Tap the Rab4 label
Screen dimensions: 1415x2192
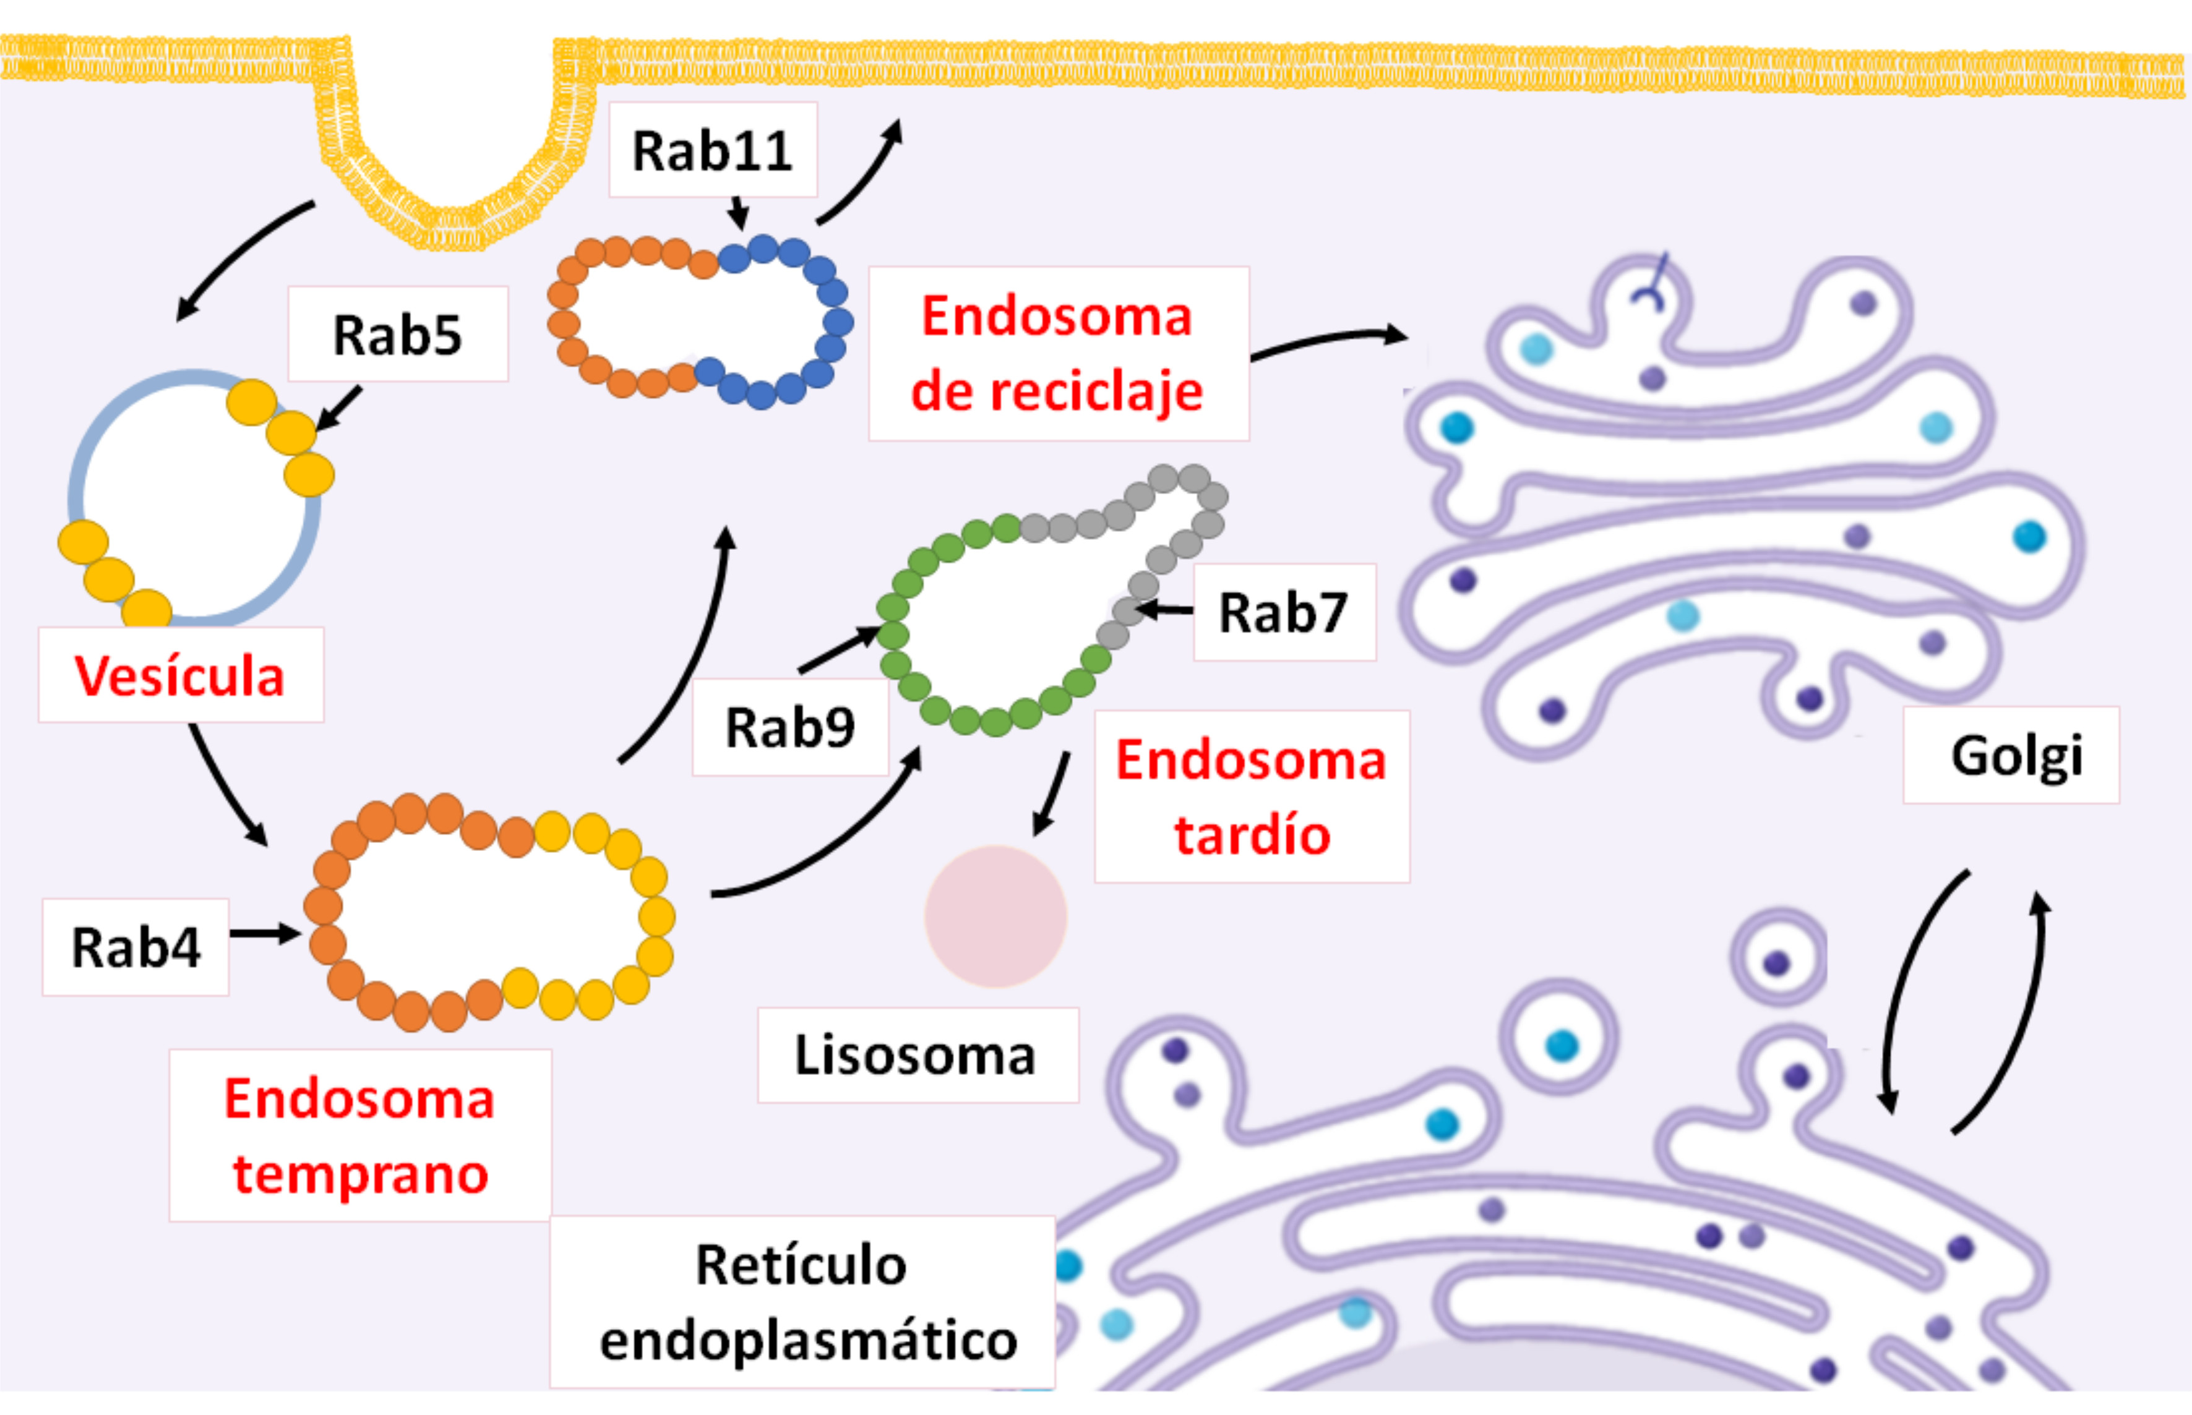135,947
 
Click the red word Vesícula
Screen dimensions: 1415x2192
180,676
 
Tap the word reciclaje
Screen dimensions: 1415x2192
1057,391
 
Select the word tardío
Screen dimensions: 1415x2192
1252,836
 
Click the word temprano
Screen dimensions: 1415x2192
360,1174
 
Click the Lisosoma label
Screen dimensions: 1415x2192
916,1055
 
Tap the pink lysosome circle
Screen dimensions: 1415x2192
995,916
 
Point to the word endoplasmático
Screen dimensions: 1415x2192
809,1341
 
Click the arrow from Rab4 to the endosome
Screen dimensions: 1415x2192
265,933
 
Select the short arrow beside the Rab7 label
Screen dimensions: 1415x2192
1164,609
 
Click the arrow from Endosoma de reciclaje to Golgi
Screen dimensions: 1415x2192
1328,343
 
